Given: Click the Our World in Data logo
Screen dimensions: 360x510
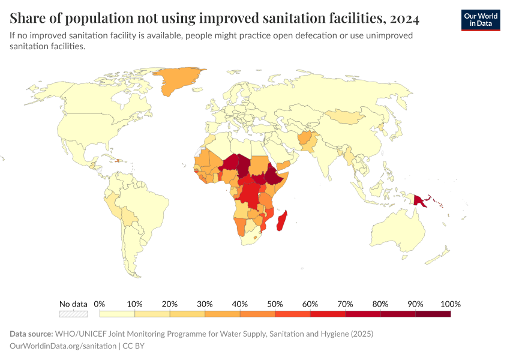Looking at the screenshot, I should pos(480,19).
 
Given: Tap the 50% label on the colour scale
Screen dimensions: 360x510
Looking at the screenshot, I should pos(275,304).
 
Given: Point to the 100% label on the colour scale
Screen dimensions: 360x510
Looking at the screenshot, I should pos(450,304).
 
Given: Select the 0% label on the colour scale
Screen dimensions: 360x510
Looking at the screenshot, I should pos(100,304).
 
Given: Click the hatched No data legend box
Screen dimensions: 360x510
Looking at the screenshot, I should pos(73,313).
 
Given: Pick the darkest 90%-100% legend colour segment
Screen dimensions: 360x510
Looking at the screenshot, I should pos(433,313).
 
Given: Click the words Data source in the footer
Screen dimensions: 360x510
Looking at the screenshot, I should pos(31,334).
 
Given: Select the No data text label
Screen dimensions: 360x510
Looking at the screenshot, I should pos(73,304).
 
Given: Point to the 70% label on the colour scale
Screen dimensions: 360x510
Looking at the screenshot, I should pos(345,304).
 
